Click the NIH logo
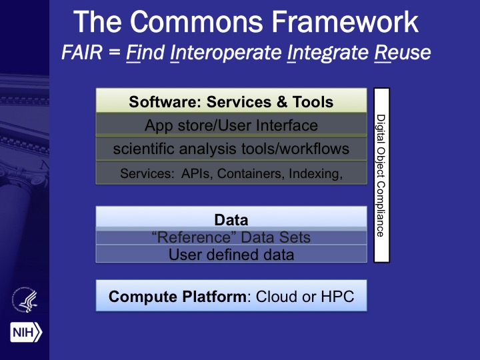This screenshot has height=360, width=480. click(x=26, y=332)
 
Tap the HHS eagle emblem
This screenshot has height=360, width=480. click(x=25, y=300)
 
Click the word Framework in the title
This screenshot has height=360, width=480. click(x=345, y=22)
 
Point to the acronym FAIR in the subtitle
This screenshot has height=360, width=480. click(x=82, y=53)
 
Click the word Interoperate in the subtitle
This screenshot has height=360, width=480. click(x=226, y=53)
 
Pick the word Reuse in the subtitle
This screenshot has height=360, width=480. click(x=402, y=53)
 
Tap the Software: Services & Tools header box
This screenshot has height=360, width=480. click(x=231, y=101)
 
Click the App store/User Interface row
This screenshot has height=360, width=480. click(x=231, y=125)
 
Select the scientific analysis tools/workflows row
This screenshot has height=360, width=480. click(x=231, y=149)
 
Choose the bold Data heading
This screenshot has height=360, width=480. click(x=231, y=220)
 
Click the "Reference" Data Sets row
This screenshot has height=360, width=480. click(x=231, y=237)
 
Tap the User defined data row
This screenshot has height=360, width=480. click(x=231, y=254)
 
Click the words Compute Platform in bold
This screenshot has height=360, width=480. click(x=177, y=297)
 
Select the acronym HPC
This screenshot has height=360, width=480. click(x=337, y=296)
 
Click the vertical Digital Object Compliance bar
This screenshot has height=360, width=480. click(x=382, y=175)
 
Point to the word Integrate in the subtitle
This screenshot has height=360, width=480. click(x=327, y=53)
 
